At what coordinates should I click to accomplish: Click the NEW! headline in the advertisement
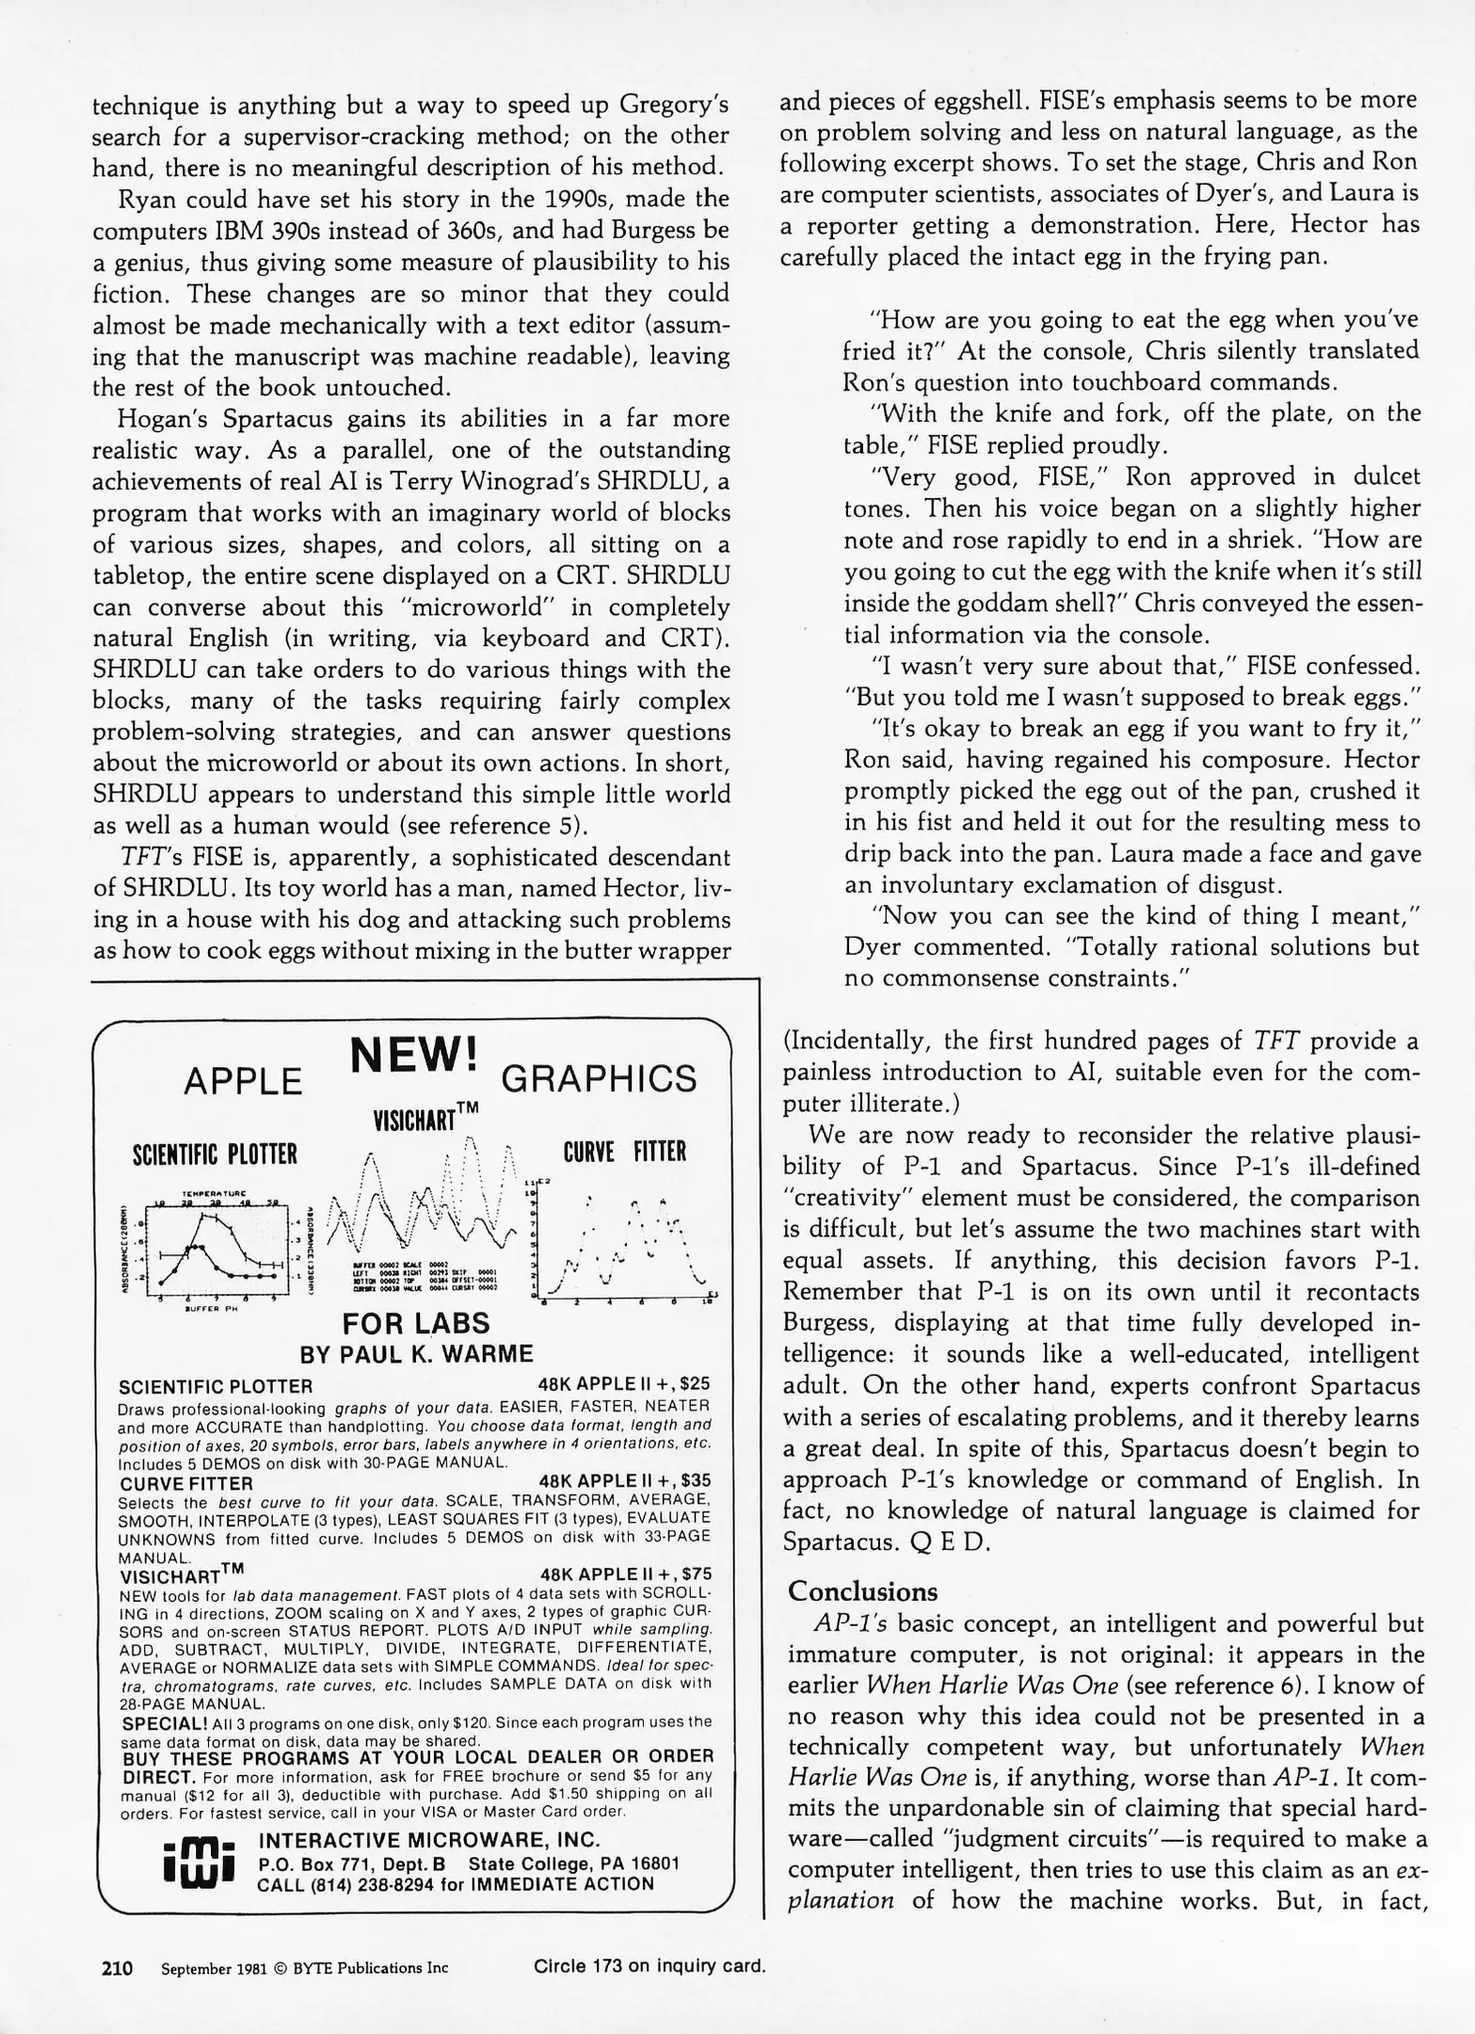[414, 1055]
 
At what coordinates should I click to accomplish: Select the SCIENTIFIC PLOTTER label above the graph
[215, 1154]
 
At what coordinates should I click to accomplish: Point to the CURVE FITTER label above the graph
[625, 1152]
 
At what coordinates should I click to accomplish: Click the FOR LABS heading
[416, 1323]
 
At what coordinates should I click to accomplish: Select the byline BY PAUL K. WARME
[416, 1354]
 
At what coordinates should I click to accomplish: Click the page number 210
[117, 1967]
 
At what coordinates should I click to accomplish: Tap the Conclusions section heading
[862, 1591]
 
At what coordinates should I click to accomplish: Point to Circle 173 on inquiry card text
[649, 1966]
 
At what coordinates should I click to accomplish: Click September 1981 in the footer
[215, 1968]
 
